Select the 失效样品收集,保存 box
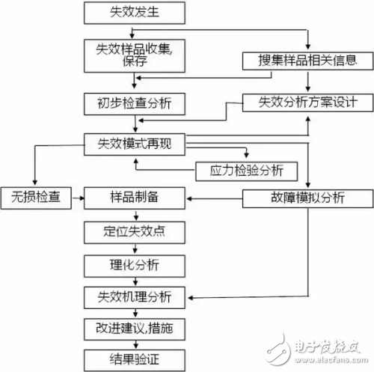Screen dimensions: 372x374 click(x=135, y=55)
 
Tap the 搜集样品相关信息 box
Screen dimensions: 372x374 click(x=307, y=61)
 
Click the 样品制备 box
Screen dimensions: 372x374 click(x=135, y=198)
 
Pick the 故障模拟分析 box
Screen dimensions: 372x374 click(x=307, y=198)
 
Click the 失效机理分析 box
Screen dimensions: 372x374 click(x=135, y=297)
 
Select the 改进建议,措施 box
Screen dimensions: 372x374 click(x=135, y=329)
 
